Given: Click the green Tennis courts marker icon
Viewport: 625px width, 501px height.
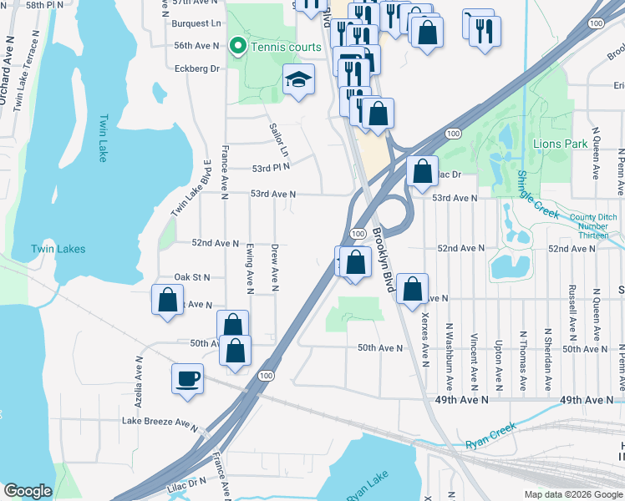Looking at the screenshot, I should point(237,47).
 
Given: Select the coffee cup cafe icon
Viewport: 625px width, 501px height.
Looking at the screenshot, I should point(187,378).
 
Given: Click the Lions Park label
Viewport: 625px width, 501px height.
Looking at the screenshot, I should point(560,144).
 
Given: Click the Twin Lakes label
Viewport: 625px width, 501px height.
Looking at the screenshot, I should point(58,249).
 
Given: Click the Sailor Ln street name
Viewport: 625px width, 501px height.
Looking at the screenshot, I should point(278,140).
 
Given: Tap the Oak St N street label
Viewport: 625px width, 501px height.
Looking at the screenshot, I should point(191,277).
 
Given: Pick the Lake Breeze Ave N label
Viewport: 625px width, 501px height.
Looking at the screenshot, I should point(159,423).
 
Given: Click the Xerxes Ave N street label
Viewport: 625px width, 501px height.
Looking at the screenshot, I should point(424,337).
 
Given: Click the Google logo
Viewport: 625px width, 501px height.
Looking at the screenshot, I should point(28,491).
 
